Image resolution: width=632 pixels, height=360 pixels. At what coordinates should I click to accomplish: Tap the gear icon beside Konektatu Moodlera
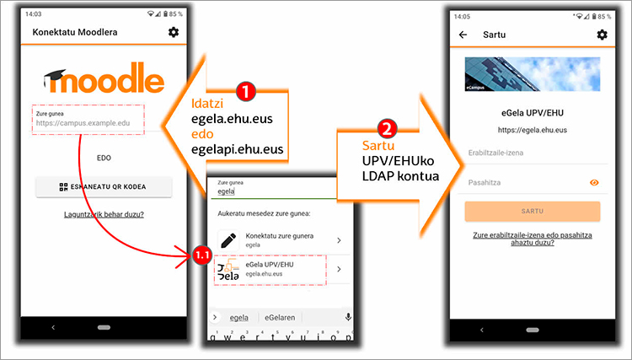pos(174,32)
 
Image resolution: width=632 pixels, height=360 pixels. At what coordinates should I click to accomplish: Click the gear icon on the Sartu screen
pos(602,35)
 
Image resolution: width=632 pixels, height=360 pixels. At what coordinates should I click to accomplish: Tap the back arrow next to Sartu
pos(463,35)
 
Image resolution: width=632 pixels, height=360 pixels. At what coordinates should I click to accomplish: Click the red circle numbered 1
pos(246,92)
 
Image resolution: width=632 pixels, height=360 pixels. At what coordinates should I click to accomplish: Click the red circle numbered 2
pos(387,129)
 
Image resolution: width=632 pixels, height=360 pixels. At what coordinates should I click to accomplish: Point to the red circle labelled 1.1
pos(202,255)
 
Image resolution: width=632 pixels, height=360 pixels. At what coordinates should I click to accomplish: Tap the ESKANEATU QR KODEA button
pos(104,186)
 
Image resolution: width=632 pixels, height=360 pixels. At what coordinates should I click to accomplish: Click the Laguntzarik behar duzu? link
pos(104,214)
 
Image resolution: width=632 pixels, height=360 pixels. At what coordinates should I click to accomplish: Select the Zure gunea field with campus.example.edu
pos(88,120)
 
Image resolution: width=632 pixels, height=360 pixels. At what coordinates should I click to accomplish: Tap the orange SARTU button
pos(533,212)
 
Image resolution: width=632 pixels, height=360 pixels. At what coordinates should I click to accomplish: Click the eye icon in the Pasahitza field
pos(594,183)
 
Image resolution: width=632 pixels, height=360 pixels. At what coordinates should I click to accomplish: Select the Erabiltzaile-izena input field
pos(533,153)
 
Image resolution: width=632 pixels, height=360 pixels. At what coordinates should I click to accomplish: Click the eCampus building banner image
pos(533,74)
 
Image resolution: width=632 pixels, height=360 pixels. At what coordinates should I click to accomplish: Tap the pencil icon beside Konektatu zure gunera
pos(228,240)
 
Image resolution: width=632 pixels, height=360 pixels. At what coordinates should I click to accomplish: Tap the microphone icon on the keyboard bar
pos(348,317)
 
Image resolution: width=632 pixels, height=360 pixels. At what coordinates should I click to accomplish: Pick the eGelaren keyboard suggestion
pos(280,318)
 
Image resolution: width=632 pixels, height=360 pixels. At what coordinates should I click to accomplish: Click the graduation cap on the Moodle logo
pos(55,78)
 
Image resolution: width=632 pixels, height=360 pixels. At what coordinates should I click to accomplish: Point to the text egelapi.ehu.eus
pos(238,149)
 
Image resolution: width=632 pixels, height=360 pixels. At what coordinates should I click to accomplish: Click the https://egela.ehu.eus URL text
pos(533,130)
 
